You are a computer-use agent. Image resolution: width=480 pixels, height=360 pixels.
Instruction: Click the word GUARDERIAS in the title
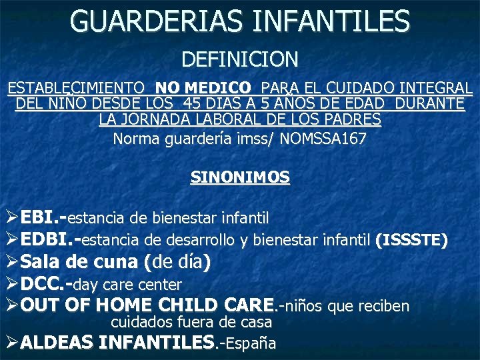coord(157,22)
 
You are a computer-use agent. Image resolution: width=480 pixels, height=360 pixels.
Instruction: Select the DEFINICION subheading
coord(240,59)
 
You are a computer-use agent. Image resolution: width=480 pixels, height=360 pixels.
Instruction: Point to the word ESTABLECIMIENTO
coord(75,88)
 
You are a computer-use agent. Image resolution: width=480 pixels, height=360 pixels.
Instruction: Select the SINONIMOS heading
coord(240,177)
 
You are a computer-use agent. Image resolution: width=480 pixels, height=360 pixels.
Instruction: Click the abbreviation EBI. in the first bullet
coord(41,217)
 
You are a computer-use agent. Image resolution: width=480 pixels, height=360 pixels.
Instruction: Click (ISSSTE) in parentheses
coord(411,239)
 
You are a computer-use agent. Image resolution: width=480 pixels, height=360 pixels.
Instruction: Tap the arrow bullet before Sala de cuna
coord(11,262)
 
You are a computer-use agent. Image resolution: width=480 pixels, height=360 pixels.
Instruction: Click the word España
coord(251,343)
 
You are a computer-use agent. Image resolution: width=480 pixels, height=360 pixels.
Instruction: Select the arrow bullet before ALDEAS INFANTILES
coord(11,343)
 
